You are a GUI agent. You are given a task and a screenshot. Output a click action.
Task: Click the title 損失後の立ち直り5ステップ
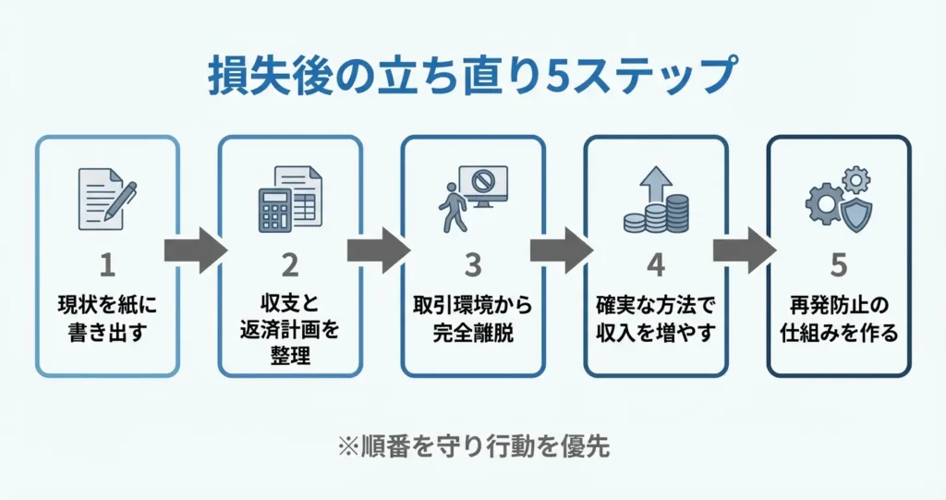[x=472, y=75]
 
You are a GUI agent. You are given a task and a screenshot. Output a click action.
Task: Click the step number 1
[x=107, y=265]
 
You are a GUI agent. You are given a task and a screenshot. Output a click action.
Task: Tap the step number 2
[x=290, y=265]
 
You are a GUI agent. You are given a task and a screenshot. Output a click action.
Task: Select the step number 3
[x=473, y=265]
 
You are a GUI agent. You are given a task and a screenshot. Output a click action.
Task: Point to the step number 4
[x=656, y=265]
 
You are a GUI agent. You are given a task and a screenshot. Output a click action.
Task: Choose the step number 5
[x=839, y=265]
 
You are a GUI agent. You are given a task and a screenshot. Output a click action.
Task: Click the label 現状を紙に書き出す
[x=107, y=319]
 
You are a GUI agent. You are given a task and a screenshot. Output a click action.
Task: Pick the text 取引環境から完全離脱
[x=473, y=319]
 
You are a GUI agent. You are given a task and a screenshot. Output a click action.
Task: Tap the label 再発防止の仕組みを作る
[x=839, y=319]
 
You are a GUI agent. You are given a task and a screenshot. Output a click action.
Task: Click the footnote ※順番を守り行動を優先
[x=472, y=447]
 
